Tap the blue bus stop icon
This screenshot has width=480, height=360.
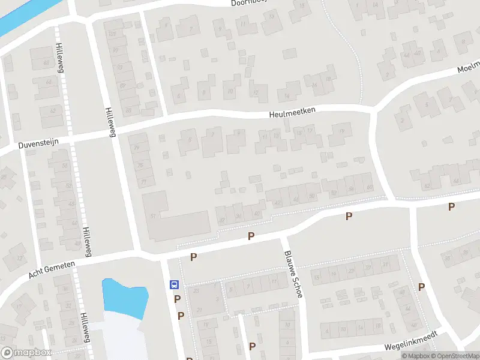click(x=174, y=285)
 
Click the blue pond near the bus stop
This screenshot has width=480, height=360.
click(x=125, y=297)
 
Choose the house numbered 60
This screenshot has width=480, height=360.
click(x=368, y=188)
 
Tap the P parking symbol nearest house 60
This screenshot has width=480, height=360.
click(x=349, y=216)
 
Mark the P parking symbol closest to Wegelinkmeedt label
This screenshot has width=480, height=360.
click(x=421, y=287)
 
